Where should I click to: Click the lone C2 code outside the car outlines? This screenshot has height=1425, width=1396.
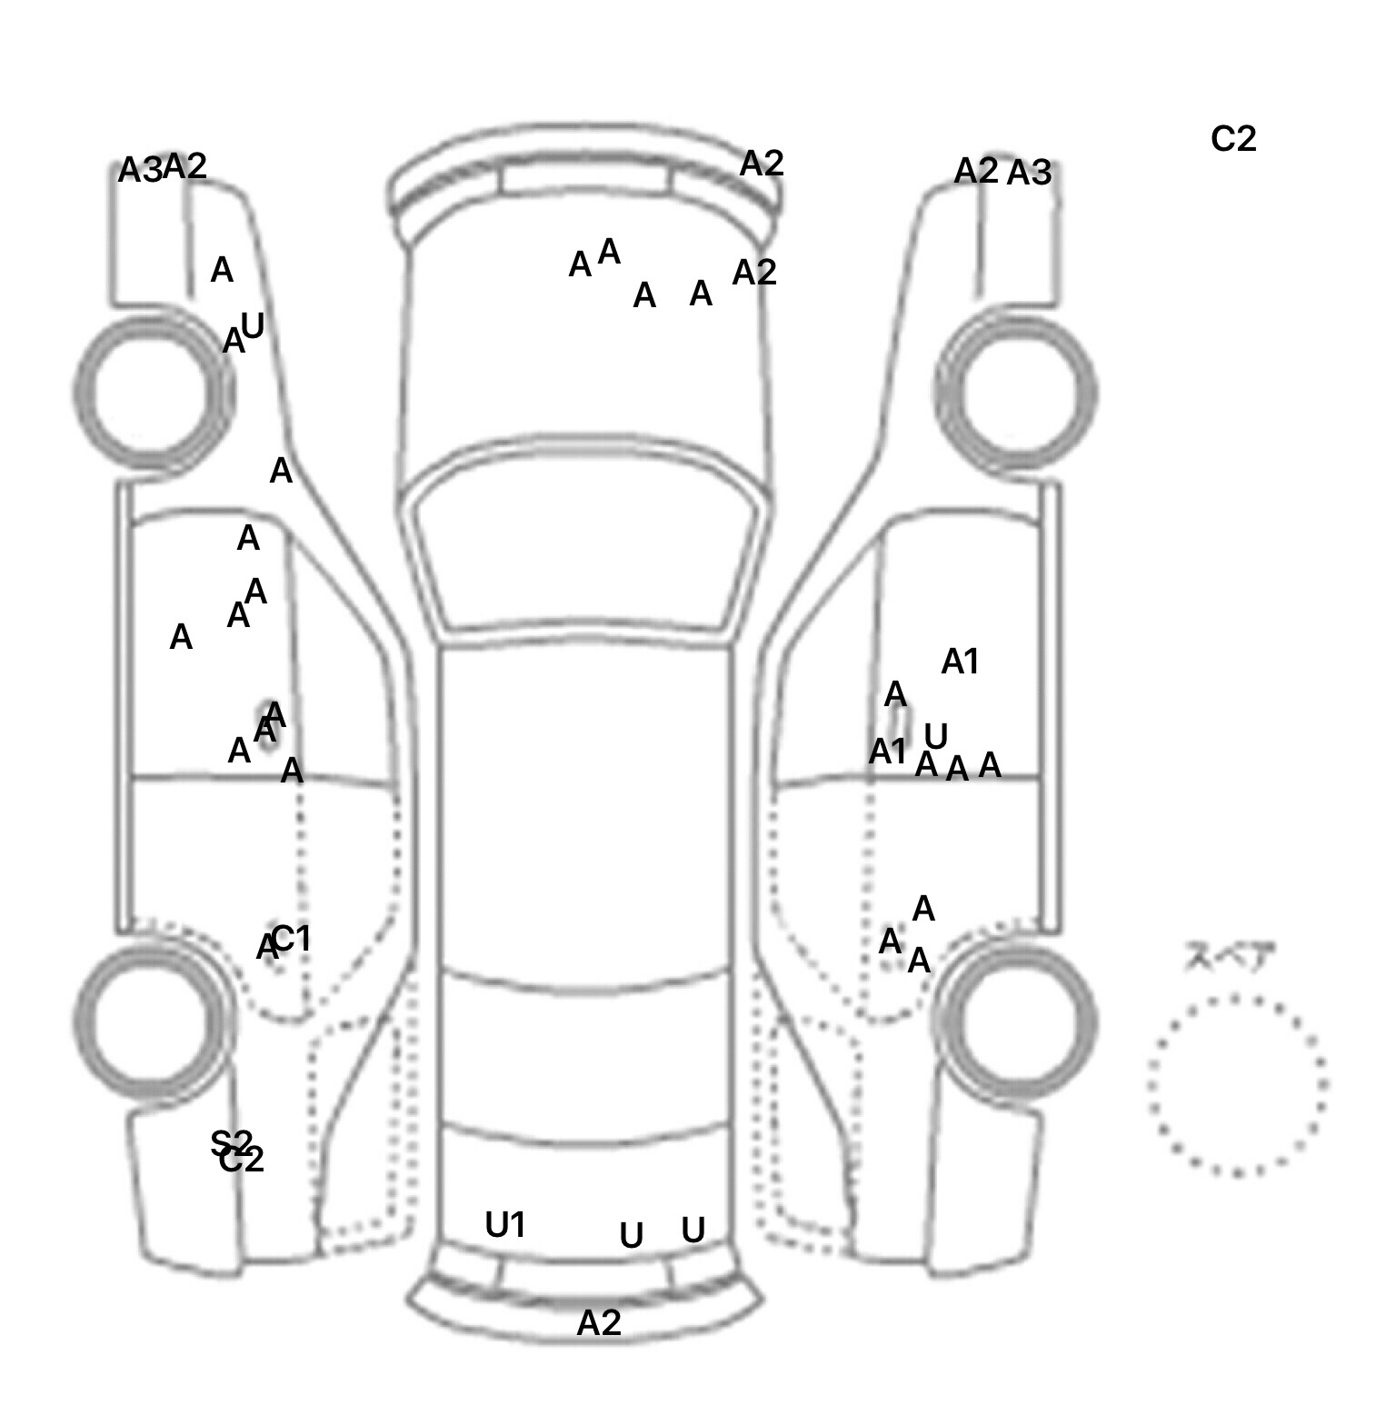click(1233, 139)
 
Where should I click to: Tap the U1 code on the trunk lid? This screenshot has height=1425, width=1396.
click(505, 1225)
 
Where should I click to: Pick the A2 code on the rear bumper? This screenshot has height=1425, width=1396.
click(599, 1322)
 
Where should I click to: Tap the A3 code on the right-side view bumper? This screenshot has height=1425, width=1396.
click(1029, 172)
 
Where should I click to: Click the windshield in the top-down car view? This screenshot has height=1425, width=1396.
click(586, 541)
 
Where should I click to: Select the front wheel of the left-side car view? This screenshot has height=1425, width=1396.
click(154, 392)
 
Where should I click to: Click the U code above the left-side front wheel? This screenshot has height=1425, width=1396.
click(252, 325)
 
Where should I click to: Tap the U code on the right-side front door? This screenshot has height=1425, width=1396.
click(935, 735)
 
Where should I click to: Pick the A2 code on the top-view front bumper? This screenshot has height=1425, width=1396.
click(762, 164)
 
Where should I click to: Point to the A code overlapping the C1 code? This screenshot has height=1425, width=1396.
click(265, 948)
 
